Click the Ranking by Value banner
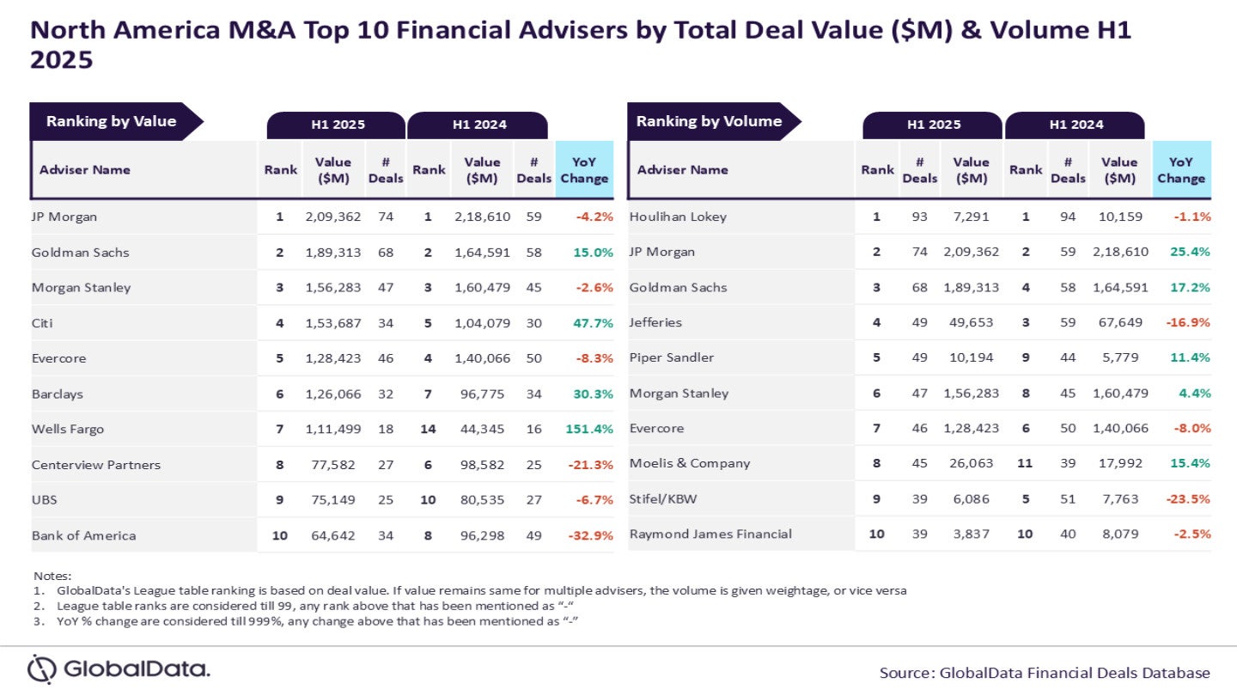pyautogui.click(x=111, y=121)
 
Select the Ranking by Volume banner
pyautogui.click(x=709, y=121)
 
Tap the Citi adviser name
pyautogui.click(x=43, y=323)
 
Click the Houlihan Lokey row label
pyautogui.click(x=678, y=217)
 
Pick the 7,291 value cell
pyautogui.click(x=972, y=217)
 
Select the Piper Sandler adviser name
pyautogui.click(x=672, y=357)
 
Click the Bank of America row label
pyautogui.click(x=83, y=535)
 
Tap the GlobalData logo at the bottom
pyautogui.click(x=119, y=669)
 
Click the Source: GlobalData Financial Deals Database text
pyautogui.click(x=1045, y=673)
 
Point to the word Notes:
pyautogui.click(x=52, y=576)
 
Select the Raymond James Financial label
pyautogui.click(x=710, y=534)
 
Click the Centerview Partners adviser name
pyautogui.click(x=95, y=465)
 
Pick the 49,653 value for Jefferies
pyautogui.click(x=972, y=322)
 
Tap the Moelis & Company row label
pyautogui.click(x=690, y=463)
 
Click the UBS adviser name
pyautogui.click(x=45, y=500)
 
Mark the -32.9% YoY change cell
pyautogui.click(x=590, y=535)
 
